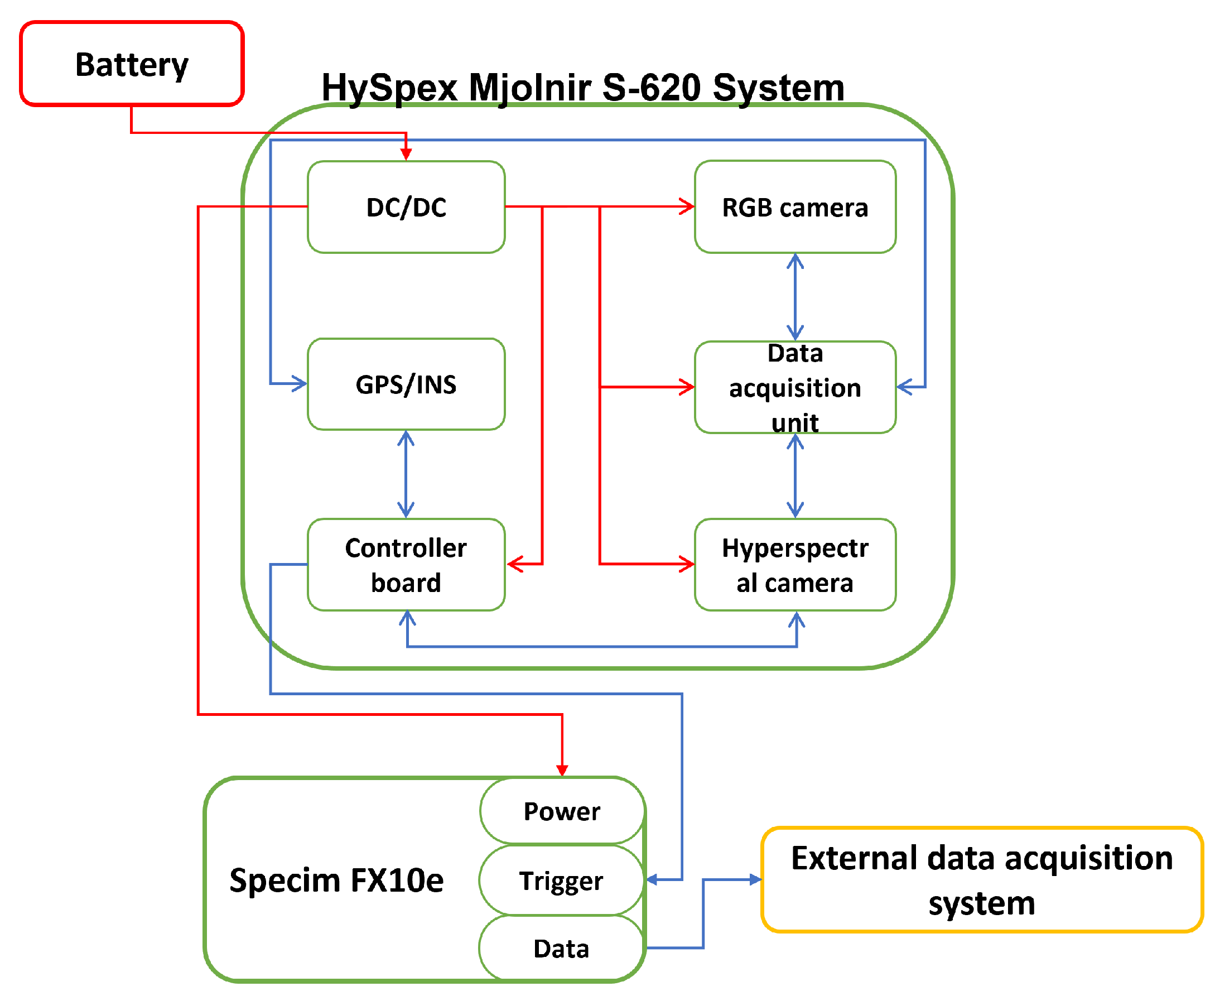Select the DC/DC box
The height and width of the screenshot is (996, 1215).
(x=406, y=206)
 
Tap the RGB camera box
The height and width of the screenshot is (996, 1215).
(x=794, y=206)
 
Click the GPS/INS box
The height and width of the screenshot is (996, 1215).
(x=406, y=384)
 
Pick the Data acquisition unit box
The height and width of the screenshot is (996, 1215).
(x=794, y=387)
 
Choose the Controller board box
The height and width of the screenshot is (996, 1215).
(x=406, y=565)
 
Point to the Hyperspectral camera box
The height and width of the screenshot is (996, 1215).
(x=794, y=565)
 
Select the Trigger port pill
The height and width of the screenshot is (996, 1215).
(x=561, y=880)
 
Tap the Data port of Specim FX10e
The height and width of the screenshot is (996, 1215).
(x=561, y=949)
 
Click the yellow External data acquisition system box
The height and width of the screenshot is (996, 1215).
(x=981, y=879)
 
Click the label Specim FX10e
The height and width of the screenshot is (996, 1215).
(x=336, y=880)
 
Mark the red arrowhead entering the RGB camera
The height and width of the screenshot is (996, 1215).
(x=687, y=206)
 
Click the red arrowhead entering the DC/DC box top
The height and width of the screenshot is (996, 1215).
(x=406, y=154)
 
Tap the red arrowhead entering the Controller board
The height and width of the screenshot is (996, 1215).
(x=515, y=564)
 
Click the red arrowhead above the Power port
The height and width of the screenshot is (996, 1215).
(x=562, y=769)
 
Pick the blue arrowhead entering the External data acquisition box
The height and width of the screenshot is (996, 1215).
(x=755, y=879)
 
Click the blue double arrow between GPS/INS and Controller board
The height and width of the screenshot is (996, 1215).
(x=406, y=474)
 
